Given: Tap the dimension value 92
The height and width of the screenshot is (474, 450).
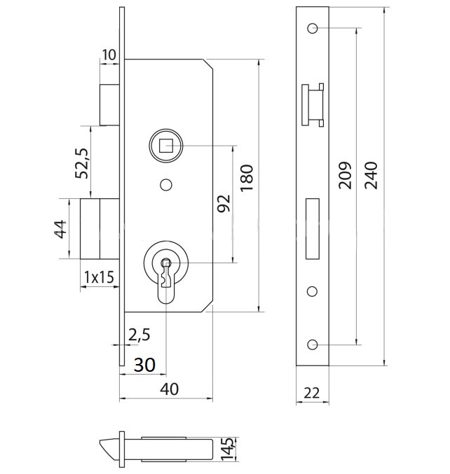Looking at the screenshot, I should (x=223, y=203).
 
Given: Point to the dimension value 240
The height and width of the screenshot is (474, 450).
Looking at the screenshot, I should (x=371, y=175).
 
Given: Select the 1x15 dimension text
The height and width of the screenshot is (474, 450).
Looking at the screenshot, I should (x=98, y=277).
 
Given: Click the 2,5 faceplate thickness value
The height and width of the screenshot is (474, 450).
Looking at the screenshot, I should (x=139, y=335).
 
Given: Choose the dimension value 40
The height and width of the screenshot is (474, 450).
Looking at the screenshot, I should (x=167, y=389).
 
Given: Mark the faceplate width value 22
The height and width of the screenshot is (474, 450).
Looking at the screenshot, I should (x=312, y=393).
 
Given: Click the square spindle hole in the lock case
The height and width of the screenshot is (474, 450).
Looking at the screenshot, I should (x=165, y=146).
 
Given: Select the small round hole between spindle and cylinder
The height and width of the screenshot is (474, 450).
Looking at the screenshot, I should (x=165, y=184).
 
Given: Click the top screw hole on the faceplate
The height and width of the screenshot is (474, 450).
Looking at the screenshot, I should (x=312, y=29).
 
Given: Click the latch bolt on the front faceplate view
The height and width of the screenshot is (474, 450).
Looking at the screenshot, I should (x=313, y=106).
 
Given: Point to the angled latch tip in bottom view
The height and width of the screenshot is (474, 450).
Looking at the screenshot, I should (x=109, y=446).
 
